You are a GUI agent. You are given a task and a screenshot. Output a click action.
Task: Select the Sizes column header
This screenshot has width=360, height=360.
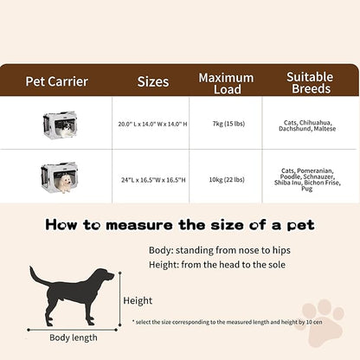point(153,83)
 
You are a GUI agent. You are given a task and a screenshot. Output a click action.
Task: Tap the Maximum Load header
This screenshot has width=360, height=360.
point(226,83)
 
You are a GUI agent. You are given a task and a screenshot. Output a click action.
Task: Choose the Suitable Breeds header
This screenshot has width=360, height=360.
point(309,83)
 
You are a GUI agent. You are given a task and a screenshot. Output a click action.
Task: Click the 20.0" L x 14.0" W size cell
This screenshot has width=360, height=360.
point(151,123)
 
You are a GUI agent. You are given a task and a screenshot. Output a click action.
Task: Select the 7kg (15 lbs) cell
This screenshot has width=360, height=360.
point(226,123)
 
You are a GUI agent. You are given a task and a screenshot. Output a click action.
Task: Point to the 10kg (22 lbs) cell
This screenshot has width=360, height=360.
point(226,181)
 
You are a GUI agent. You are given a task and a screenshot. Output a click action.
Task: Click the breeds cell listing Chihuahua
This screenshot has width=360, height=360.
point(309,126)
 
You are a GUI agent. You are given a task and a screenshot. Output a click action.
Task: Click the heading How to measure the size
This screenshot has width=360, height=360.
point(179,227)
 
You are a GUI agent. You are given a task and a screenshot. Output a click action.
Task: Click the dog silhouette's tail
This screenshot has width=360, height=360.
point(35,276)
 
